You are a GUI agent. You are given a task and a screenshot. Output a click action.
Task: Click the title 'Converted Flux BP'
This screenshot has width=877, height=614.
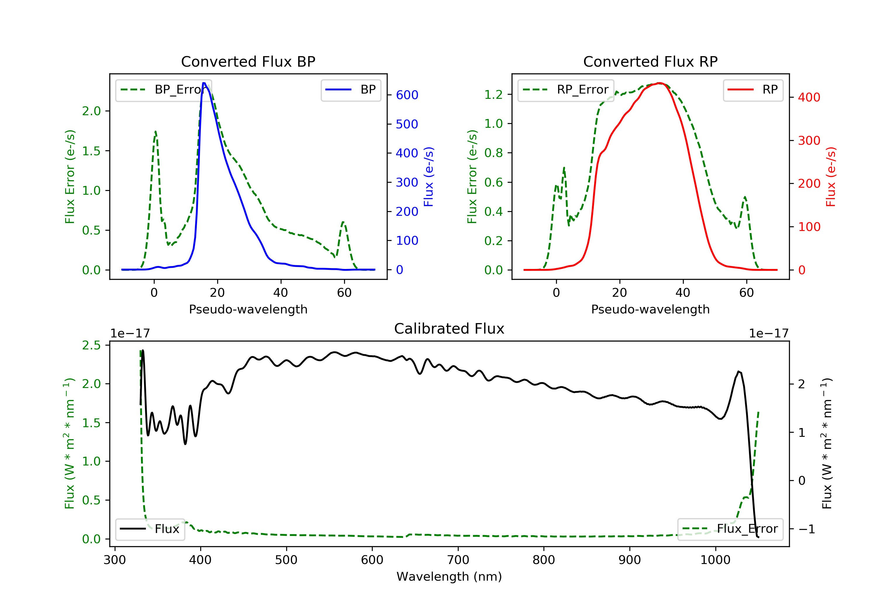point(248,61)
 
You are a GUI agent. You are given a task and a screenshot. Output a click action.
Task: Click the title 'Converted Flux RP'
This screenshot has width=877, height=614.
point(650,61)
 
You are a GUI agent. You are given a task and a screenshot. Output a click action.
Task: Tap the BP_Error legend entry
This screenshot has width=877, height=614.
point(163,90)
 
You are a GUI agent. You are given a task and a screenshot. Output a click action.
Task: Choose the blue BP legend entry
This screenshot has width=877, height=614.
point(351,90)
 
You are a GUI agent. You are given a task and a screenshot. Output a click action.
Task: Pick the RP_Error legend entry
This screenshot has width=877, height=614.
point(565,90)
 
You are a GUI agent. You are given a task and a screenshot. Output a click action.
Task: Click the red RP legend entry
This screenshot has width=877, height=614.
point(753,90)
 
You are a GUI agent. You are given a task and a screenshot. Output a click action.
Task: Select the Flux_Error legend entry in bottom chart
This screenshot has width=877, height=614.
point(730,529)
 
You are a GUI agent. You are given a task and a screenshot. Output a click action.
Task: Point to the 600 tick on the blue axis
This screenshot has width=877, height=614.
point(407,95)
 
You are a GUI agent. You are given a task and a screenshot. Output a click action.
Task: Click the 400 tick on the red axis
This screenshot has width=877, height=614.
point(809,97)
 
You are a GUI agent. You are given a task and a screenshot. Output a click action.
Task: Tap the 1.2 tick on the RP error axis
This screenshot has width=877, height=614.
point(493,94)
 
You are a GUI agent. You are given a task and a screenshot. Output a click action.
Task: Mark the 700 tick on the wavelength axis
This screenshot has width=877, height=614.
point(458,560)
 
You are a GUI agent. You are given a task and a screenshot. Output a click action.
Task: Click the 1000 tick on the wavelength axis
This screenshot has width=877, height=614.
point(715,560)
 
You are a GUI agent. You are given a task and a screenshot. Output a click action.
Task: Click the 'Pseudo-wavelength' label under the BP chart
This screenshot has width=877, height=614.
point(248,309)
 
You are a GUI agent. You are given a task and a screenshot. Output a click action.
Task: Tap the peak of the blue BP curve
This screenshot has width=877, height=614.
point(204,83)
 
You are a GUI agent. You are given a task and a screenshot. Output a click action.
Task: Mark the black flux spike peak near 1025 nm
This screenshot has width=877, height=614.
point(739,371)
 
